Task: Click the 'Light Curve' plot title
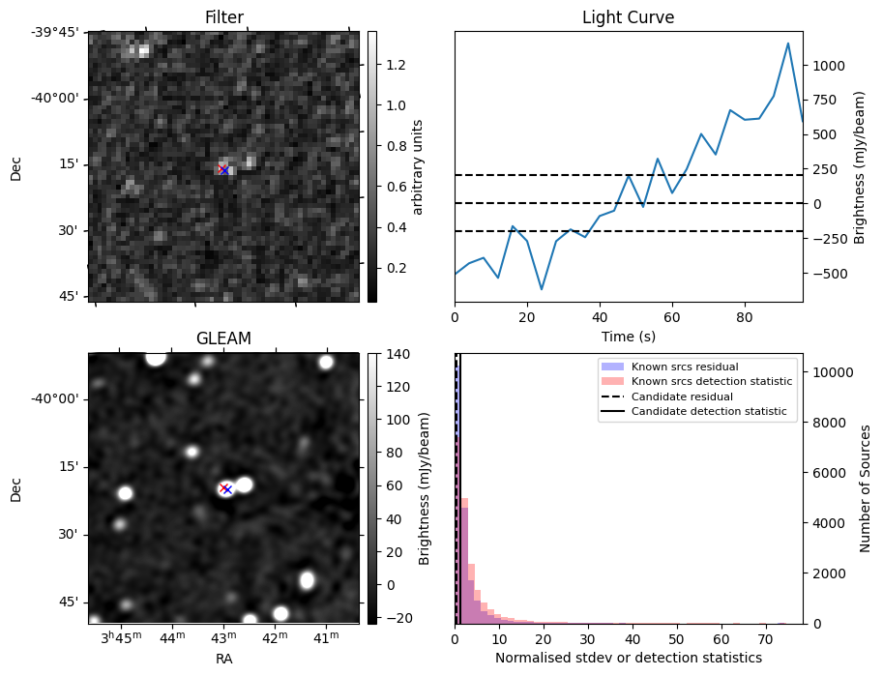[x=628, y=17]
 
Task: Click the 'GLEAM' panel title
[x=223, y=338]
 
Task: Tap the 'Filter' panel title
[x=223, y=17]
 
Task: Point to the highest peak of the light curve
[x=788, y=44]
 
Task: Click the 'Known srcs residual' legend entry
[x=685, y=367]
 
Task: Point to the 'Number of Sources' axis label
[x=866, y=488]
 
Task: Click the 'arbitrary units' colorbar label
[x=419, y=166]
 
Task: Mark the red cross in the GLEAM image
[x=223, y=487]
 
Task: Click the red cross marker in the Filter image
[x=222, y=169]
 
